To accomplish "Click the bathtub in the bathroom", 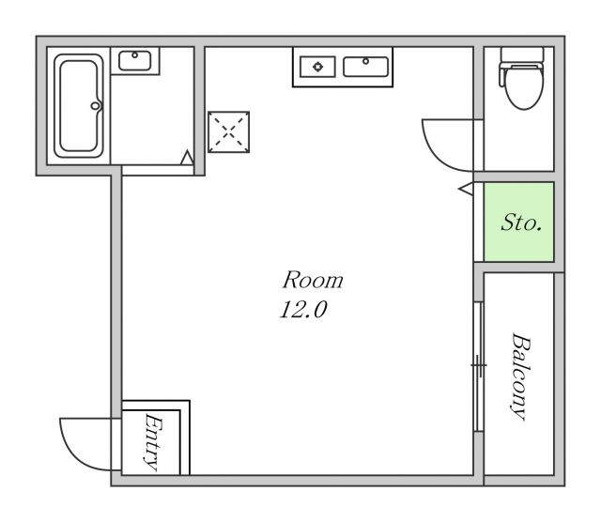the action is pos(79,106).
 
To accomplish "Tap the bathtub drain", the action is pos(95,106).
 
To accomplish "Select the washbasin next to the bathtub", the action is pos(135,60).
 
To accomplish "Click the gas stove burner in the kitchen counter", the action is pos(317,67).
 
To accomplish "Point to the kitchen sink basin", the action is pos(365,67).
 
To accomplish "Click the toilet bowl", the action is pos(524,86).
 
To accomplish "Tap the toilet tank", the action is pos(522,54).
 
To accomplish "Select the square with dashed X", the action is pos(229,131).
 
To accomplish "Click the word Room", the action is pos(313,280).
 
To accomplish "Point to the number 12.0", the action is pos(303,310).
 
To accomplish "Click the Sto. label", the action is pos(522,223).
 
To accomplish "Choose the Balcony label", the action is pos(521,376).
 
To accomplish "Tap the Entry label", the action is pos(153,442).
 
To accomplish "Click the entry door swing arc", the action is pos(73,454).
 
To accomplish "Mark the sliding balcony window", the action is pos(479,367).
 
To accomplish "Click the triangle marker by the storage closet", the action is pos(466,190).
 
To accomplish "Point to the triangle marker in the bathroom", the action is pos(187,158).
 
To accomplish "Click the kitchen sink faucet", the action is pos(365,61).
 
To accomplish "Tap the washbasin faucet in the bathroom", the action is pos(135,55).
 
